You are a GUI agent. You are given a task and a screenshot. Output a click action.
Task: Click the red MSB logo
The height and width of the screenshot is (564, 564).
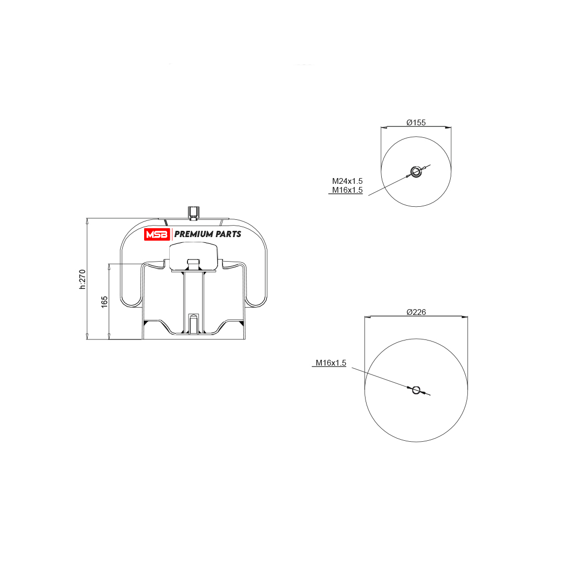pyautogui.click(x=157, y=234)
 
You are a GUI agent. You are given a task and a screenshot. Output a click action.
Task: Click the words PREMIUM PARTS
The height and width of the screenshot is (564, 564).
pyautogui.click(x=207, y=234)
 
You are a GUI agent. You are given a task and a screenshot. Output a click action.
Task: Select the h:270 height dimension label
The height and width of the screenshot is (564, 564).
pyautogui.click(x=83, y=279)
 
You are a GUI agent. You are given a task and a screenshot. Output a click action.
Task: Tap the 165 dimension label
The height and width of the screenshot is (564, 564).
pyautogui.click(x=104, y=301)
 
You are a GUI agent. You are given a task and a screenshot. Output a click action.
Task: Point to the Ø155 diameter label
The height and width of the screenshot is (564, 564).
pyautogui.click(x=416, y=123)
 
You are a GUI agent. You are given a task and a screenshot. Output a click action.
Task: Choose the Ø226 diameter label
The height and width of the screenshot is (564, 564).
pyautogui.click(x=416, y=312)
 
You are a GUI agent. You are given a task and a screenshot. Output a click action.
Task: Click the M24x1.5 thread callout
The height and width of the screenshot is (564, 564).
pyautogui.click(x=347, y=181)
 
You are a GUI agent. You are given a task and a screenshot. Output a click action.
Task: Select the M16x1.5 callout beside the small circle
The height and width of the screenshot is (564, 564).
pyautogui.click(x=347, y=190)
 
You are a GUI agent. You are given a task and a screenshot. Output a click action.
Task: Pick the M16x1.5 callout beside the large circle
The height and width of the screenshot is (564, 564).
pyautogui.click(x=331, y=362)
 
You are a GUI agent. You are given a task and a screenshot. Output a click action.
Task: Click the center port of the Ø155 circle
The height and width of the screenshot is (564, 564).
pyautogui.click(x=416, y=172)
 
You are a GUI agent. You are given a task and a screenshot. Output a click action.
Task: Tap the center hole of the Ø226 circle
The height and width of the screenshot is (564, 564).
pyautogui.click(x=416, y=390)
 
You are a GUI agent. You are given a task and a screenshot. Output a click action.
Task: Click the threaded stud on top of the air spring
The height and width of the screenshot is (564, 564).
pyautogui.click(x=194, y=213)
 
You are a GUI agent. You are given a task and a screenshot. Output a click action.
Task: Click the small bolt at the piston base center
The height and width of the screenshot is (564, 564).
pyautogui.click(x=194, y=323)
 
